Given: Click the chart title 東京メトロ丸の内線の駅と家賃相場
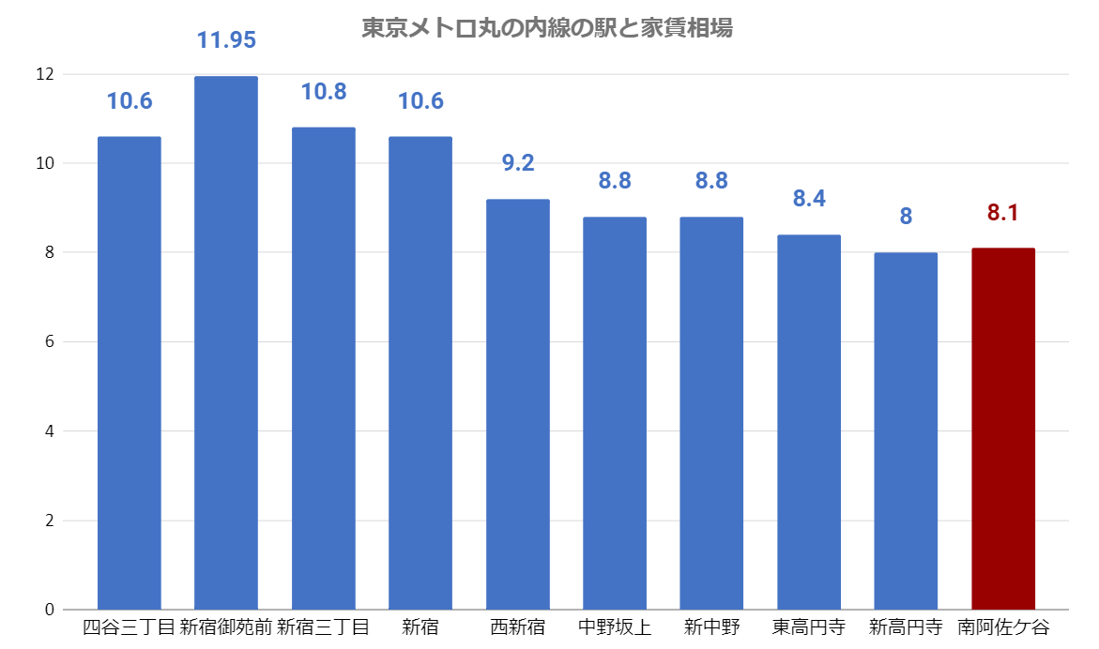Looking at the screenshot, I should tap(547, 28).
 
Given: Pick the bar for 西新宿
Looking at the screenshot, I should tap(517, 404).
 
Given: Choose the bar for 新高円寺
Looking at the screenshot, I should tap(906, 430).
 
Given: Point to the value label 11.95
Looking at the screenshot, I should tap(225, 40).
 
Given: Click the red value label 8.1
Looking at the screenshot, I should tap(1002, 213).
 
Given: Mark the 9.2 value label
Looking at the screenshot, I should tap(517, 163).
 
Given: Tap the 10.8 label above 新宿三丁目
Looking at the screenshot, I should tap(323, 92).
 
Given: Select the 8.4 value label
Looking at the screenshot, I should tap(808, 199).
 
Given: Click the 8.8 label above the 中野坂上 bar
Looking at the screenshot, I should tap(615, 181).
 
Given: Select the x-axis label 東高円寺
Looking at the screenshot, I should tap(808, 626).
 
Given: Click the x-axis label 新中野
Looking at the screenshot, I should tap(711, 626).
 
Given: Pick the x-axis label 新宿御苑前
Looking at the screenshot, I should tap(225, 626).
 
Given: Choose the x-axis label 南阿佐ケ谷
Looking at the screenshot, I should tap(1002, 626).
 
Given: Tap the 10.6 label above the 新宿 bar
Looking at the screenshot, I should tap(420, 101).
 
